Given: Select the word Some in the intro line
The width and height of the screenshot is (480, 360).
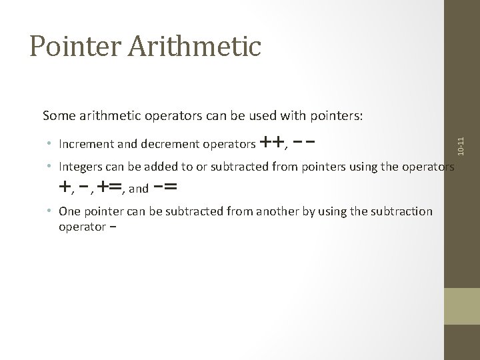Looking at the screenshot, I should point(59,116).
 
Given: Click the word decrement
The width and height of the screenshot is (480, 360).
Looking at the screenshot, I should point(161,144).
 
